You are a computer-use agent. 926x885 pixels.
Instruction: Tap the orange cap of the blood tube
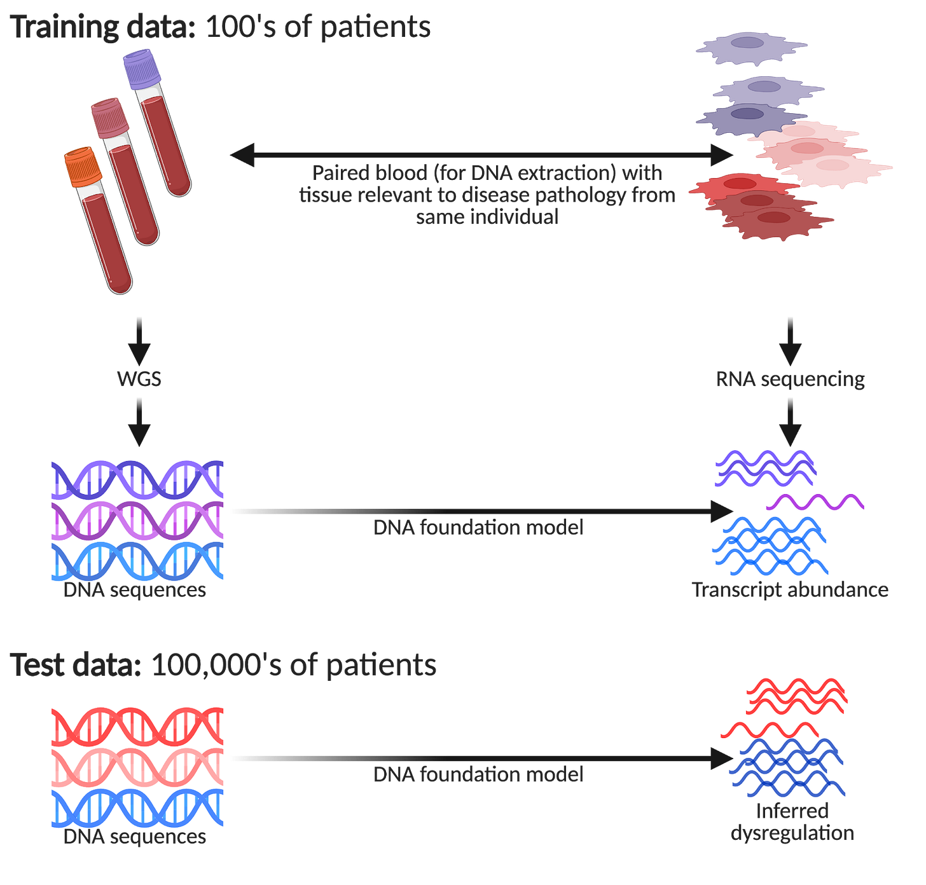click(x=83, y=166)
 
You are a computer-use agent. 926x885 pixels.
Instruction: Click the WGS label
click(x=139, y=380)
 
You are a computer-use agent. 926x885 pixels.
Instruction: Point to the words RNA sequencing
click(x=790, y=380)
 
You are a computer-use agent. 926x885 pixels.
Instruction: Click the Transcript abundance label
click(x=790, y=590)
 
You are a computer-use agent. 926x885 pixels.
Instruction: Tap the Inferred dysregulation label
click(x=792, y=822)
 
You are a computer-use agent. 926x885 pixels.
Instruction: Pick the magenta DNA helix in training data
click(x=138, y=520)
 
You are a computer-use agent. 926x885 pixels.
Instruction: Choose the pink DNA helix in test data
click(x=138, y=766)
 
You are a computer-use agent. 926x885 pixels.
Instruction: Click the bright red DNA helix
click(x=138, y=726)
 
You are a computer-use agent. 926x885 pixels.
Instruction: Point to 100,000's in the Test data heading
click(x=216, y=665)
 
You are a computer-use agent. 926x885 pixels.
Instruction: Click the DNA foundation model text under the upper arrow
click(x=478, y=528)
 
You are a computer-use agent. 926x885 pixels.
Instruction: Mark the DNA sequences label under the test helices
click(x=135, y=837)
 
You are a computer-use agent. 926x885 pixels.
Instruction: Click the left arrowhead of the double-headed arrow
click(x=242, y=154)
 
